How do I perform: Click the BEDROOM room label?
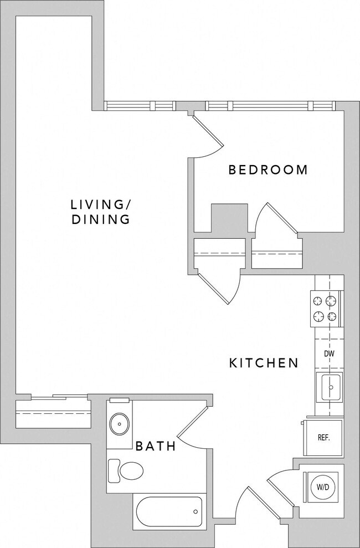pyautogui.click(x=268, y=170)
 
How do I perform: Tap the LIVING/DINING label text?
pyautogui.click(x=100, y=211)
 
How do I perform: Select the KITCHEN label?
pyautogui.click(x=264, y=363)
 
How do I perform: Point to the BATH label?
pyautogui.click(x=156, y=445)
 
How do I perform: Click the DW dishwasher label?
pyautogui.click(x=328, y=354)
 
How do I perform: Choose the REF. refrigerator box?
pyautogui.click(x=323, y=438)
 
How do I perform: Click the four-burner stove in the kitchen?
pyautogui.click(x=326, y=309)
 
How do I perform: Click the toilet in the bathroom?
pyautogui.click(x=126, y=470)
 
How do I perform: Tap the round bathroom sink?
pyautogui.click(x=119, y=424)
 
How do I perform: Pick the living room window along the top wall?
pyautogui.click(x=140, y=106)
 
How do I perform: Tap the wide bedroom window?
pyautogui.click(x=270, y=106)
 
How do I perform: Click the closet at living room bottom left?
pyautogui.click(x=53, y=413)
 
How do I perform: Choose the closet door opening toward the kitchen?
pyautogui.click(x=220, y=285)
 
